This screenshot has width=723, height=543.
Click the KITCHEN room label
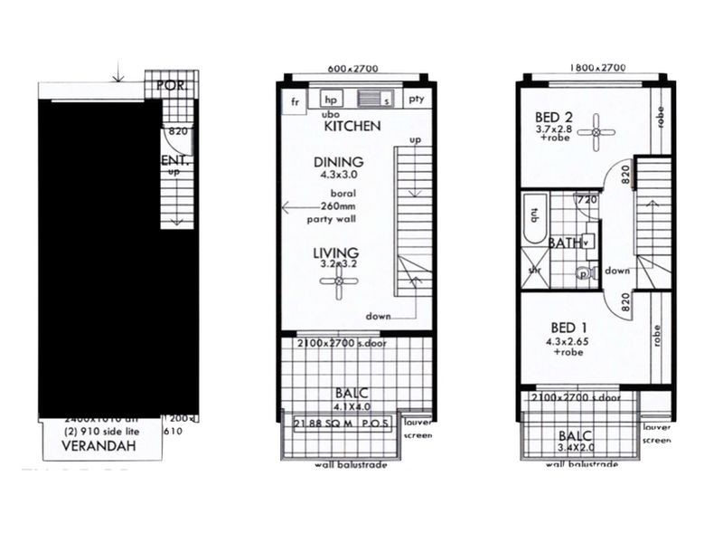pos(352,127)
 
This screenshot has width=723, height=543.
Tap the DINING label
pos(338,162)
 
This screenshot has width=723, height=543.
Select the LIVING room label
pos(336,252)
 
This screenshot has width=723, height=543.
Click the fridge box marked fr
pos(294,100)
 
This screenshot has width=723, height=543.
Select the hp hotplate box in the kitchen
pos(331,100)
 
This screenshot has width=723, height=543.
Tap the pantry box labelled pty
pos(416,100)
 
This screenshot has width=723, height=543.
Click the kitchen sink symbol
pos(372,100)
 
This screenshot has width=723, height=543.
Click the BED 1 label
pos(569,328)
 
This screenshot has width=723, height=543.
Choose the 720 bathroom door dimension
pos(587,200)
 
